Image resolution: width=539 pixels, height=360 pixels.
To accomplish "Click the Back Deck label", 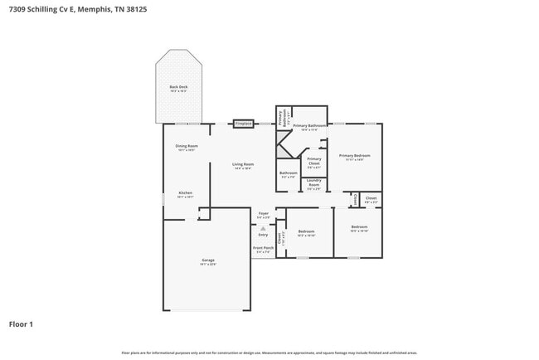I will click(178, 88).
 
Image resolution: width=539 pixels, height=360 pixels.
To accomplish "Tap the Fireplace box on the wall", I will click(243, 124).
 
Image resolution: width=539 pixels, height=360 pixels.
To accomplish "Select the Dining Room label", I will click(186, 148).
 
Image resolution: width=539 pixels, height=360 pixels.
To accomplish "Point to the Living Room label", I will click(243, 166).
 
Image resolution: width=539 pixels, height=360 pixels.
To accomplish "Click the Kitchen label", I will click(186, 195).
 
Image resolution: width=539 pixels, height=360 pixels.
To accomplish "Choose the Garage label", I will click(208, 262).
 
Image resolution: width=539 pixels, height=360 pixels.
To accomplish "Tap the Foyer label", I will click(264, 215).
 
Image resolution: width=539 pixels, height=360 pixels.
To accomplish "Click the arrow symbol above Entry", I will click(264, 227).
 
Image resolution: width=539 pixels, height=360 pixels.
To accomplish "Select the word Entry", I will click(263, 235).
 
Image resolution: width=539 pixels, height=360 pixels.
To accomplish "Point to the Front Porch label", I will click(262, 250).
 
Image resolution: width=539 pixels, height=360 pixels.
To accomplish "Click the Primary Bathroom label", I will click(309, 127).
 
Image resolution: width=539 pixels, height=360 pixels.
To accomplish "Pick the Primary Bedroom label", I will click(354, 157).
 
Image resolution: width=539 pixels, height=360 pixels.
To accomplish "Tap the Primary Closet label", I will click(314, 163).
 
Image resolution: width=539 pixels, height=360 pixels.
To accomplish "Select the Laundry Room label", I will click(314, 186).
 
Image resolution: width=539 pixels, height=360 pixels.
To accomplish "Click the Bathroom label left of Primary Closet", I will click(288, 174).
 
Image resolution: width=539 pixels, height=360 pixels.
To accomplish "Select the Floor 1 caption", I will click(21, 324).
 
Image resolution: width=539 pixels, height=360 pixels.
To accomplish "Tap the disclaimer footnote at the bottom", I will click(269, 353).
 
